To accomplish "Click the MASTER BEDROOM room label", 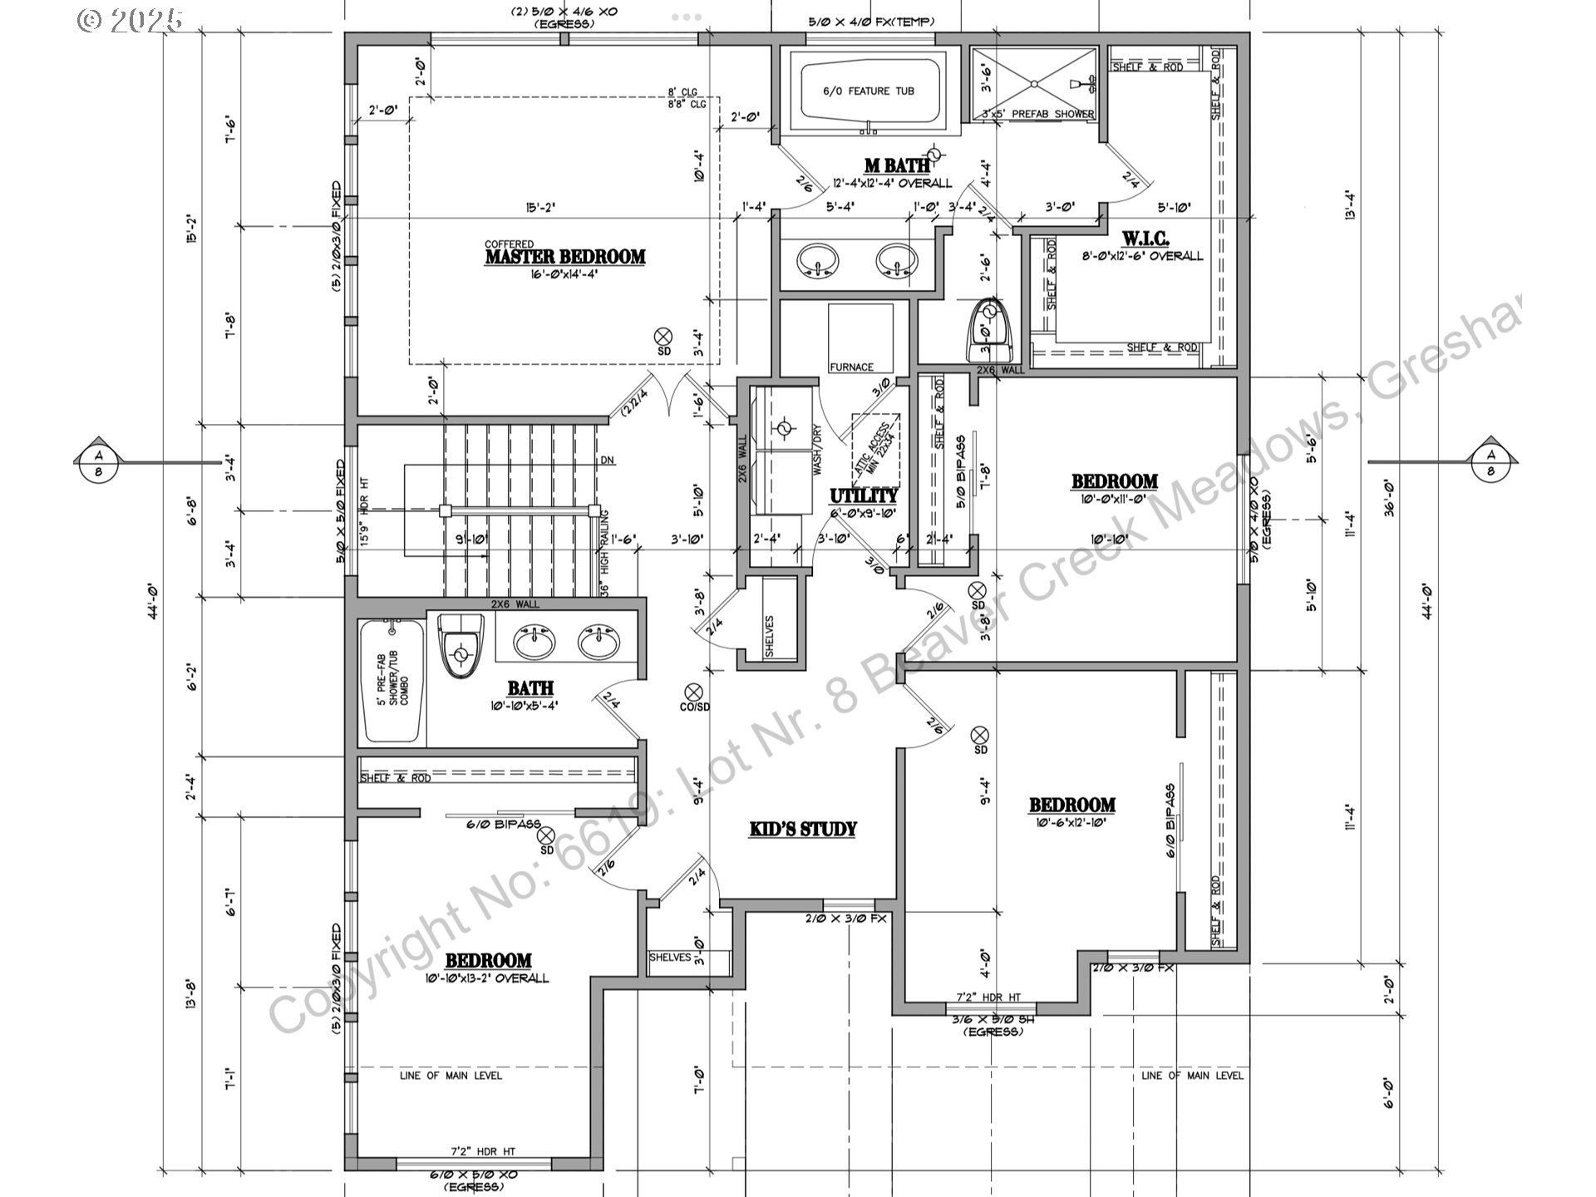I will tap(564, 257).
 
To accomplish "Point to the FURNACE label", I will tap(851, 367).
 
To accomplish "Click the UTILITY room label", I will tap(863, 497).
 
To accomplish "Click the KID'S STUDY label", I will tap(802, 829).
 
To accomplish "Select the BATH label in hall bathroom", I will tap(530, 688).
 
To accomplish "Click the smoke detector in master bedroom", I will tap(663, 336).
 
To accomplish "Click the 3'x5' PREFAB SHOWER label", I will tap(1037, 114).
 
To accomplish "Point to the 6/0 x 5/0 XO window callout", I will tap(472, 1175).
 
